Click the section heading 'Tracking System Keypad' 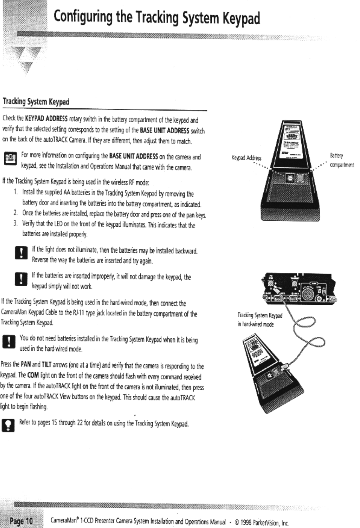click(x=36, y=102)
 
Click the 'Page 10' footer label click(x=21, y=521)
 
